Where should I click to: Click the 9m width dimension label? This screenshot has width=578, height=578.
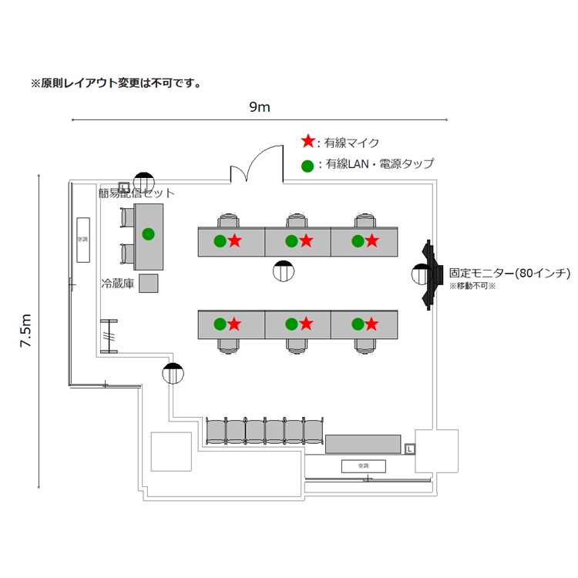(260, 107)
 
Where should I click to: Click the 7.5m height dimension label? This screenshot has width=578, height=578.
(25, 331)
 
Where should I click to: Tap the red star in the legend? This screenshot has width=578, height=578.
(307, 142)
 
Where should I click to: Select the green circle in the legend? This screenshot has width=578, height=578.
(307, 164)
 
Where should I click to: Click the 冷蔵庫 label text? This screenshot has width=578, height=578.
(118, 284)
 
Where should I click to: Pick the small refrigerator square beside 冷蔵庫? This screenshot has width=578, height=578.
(148, 284)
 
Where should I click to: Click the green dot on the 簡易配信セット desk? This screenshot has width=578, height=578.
(148, 234)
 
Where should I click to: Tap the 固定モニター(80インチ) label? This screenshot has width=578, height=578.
(509, 273)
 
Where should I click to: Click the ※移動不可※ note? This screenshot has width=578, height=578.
(472, 286)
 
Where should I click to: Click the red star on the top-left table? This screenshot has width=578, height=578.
(235, 241)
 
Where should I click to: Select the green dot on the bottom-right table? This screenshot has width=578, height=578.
(358, 324)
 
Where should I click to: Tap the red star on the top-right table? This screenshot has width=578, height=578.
(371, 241)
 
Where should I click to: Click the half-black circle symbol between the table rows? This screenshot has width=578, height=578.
(284, 271)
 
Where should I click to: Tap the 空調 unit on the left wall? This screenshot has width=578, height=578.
(82, 239)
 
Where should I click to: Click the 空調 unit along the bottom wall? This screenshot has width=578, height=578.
(364, 465)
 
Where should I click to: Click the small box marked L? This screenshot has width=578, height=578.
(410, 448)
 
